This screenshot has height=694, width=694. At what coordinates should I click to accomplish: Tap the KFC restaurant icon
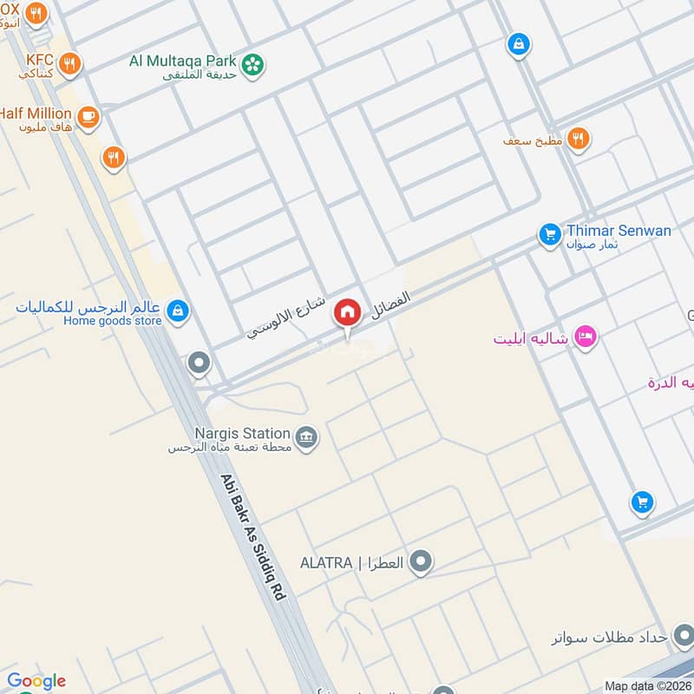tap(70, 62)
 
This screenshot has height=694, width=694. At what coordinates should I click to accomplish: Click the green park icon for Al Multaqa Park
tap(252, 64)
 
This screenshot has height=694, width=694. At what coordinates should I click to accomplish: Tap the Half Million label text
tap(36, 114)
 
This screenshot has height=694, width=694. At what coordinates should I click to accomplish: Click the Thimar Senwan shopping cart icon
tap(549, 234)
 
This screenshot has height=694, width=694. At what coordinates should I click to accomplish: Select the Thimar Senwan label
tap(619, 231)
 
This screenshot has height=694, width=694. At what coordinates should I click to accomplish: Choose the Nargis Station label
tap(242, 433)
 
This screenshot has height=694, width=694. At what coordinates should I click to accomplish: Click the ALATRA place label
tap(351, 563)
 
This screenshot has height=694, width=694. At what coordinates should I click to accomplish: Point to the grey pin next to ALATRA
tap(422, 563)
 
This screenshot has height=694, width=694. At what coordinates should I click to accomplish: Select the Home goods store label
tap(113, 320)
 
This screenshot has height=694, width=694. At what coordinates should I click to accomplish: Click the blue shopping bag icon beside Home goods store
tap(178, 311)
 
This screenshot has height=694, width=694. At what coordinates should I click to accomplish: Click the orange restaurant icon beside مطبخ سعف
tap(578, 138)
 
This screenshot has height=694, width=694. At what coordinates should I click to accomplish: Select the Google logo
tap(36, 681)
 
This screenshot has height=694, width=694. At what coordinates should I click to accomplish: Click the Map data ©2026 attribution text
tap(647, 686)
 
